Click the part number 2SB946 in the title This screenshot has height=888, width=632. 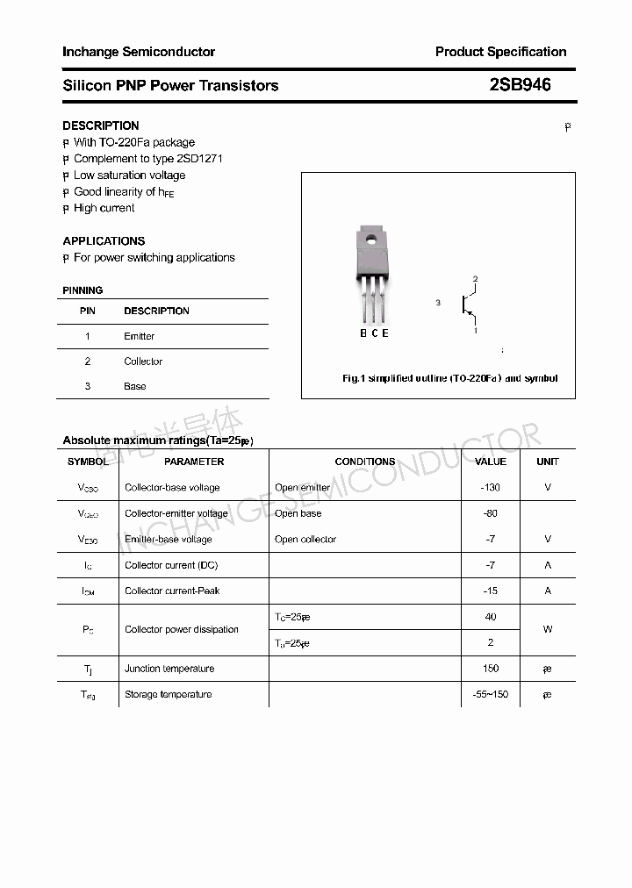[x=520, y=85]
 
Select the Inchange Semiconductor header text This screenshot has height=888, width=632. [x=139, y=52]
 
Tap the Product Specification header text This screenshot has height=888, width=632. [x=500, y=52]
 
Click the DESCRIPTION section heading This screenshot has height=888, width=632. [x=101, y=125]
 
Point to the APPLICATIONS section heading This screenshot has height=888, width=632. [x=104, y=240]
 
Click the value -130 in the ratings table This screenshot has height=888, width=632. [x=491, y=487]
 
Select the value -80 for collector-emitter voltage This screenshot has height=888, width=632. [x=491, y=513]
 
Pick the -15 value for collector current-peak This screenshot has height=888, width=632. [x=491, y=591]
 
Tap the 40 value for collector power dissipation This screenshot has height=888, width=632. [x=491, y=617]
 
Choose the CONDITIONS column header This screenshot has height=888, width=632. [x=365, y=462]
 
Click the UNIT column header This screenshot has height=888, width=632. [x=548, y=462]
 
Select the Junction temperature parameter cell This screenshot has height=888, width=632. [x=169, y=669]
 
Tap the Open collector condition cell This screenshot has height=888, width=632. [x=305, y=540]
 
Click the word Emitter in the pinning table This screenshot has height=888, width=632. [x=140, y=336]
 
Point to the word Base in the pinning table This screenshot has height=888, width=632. [x=135, y=386]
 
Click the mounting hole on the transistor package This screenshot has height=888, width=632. [x=371, y=239]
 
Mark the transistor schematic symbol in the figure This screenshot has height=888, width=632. [x=468, y=304]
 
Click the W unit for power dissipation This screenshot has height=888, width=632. [x=548, y=629]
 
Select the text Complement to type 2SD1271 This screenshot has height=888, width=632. [x=148, y=159]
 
